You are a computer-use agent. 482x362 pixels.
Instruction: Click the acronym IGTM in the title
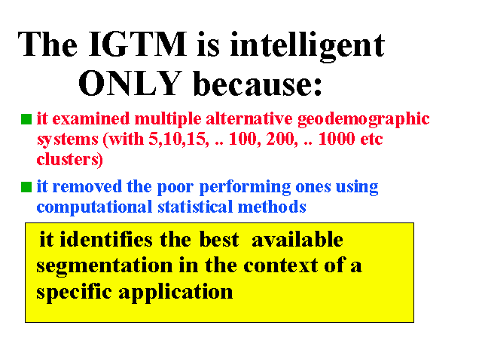point(137,44)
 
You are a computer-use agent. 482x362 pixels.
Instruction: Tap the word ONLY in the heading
point(130,83)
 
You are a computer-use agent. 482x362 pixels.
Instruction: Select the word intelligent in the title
point(307,47)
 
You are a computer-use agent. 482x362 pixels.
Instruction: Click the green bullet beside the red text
point(26,119)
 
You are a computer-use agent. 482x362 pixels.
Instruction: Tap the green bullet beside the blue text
point(26,187)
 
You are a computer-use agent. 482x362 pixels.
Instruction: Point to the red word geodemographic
point(363,120)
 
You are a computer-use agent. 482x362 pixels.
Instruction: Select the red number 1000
point(336,139)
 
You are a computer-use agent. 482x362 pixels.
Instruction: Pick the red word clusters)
point(70,159)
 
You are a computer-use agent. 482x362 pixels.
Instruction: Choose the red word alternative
point(249,119)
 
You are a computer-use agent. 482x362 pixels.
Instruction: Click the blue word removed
point(87,186)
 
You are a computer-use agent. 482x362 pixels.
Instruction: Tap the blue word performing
point(245,188)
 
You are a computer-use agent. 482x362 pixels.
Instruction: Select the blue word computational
point(94,207)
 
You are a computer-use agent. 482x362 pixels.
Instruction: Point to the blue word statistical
point(195,207)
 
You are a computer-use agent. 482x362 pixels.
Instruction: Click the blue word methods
point(272,207)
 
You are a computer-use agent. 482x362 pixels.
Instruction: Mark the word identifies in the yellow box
point(106,239)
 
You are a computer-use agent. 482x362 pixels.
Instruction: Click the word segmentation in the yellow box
point(105,266)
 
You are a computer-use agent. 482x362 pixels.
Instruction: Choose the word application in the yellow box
point(175,293)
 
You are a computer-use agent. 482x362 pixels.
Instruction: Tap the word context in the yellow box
point(281,265)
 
